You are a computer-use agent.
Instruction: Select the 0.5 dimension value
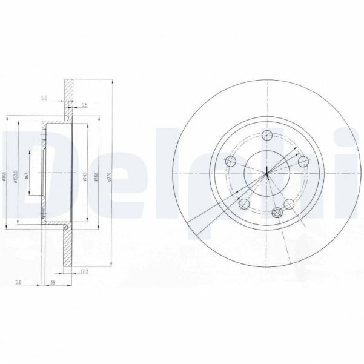(x=84, y=105)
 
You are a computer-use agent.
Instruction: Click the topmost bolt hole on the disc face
(x=266, y=134)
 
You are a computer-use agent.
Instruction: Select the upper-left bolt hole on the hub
(x=230, y=161)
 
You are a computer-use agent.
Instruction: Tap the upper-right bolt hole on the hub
(x=303, y=161)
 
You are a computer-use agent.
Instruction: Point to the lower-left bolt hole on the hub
(x=243, y=204)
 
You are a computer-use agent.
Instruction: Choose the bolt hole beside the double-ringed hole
(x=290, y=204)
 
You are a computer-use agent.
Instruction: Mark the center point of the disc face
(x=266, y=173)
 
